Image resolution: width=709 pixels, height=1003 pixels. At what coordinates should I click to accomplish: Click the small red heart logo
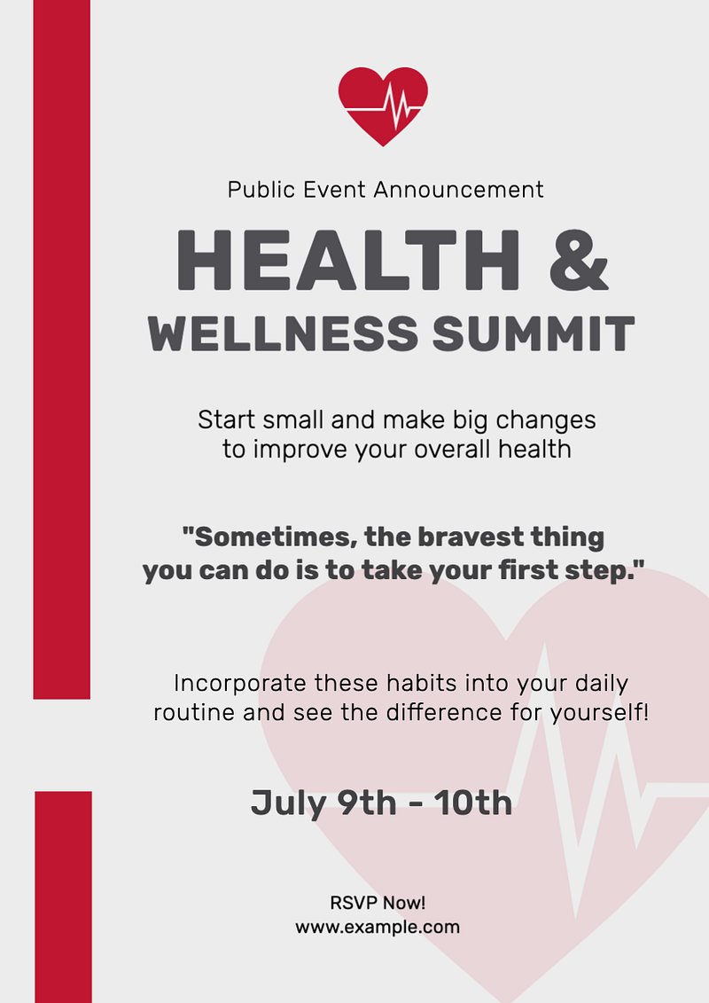click(383, 106)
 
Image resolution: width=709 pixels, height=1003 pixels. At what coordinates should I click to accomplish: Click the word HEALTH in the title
click(349, 261)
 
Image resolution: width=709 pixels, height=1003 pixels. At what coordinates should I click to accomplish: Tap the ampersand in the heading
click(579, 261)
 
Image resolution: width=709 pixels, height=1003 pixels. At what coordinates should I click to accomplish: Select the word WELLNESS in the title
click(283, 333)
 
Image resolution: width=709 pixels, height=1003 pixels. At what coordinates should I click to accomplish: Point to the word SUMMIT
click(534, 333)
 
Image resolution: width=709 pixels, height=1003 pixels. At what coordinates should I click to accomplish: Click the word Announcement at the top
click(458, 190)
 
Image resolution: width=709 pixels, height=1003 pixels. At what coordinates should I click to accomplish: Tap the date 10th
click(474, 803)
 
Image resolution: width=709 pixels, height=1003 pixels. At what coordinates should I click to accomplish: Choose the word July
click(288, 803)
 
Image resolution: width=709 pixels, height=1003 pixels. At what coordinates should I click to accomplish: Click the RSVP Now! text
click(378, 903)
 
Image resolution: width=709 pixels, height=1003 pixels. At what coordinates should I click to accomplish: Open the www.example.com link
click(378, 927)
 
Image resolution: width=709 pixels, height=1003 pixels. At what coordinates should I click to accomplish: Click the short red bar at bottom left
click(63, 897)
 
